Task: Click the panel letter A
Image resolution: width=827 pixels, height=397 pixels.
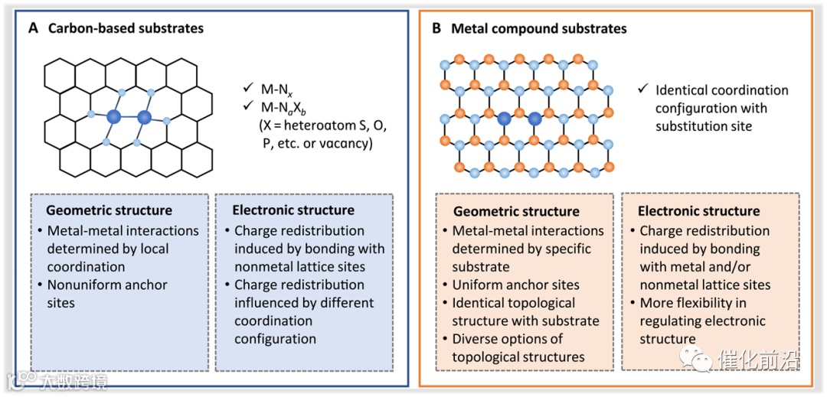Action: tap(33, 28)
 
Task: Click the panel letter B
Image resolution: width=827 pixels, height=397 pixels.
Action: tap(436, 28)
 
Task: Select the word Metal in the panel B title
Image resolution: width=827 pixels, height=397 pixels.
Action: tap(469, 28)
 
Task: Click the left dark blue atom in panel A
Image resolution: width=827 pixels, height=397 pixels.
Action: tap(114, 117)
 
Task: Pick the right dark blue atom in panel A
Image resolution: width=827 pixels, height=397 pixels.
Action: tap(144, 118)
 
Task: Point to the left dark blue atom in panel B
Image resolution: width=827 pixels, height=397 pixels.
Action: tap(505, 119)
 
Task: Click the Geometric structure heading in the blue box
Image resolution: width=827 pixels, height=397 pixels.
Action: tap(109, 210)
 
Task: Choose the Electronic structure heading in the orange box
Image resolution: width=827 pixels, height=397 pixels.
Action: tap(699, 210)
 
